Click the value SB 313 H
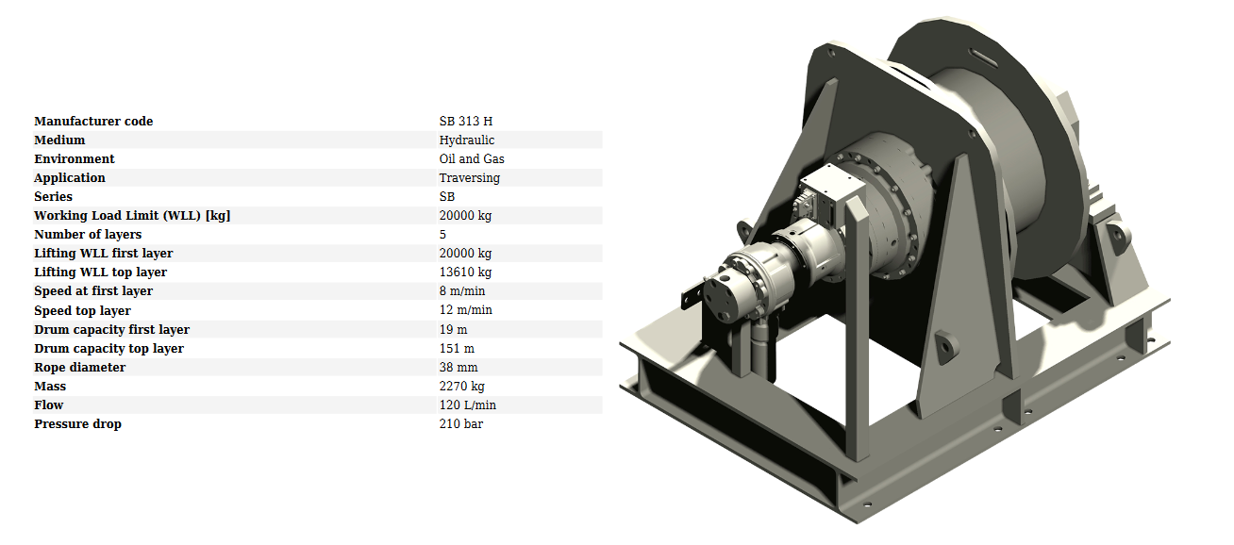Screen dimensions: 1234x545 click(x=465, y=121)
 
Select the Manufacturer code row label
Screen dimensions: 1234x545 click(x=93, y=121)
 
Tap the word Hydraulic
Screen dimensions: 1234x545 click(x=467, y=140)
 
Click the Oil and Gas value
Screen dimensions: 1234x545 click(x=472, y=159)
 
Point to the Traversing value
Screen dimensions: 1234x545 click(x=470, y=178)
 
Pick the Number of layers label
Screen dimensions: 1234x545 click(x=88, y=235)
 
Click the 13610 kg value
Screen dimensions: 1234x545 click(x=465, y=272)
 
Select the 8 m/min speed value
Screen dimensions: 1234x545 click(x=461, y=290)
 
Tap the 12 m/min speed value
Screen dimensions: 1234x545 click(x=465, y=310)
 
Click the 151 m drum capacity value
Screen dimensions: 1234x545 click(x=457, y=349)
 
